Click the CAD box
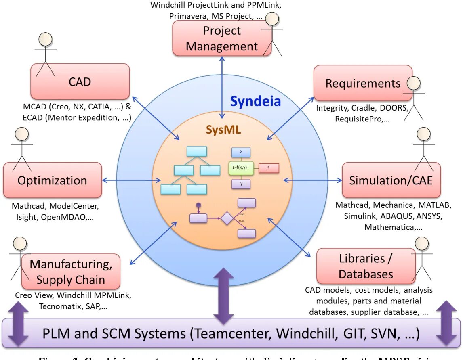[80, 82]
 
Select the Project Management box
[221, 38]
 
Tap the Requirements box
[363, 83]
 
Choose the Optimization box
[52, 180]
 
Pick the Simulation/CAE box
[391, 180]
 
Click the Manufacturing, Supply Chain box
[71, 272]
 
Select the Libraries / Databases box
[366, 266]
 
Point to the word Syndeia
[255, 101]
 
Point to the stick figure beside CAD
[45, 55]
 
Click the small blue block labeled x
[241, 152]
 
